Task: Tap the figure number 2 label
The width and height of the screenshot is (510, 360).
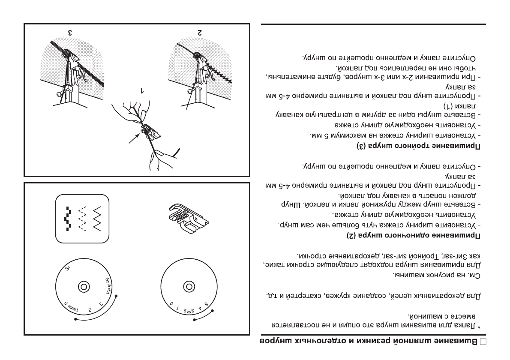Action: (x=200, y=33)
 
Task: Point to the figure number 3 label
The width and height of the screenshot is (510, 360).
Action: (x=69, y=33)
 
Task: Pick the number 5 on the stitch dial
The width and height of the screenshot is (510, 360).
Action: (x=207, y=306)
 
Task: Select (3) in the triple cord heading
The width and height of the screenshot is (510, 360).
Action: (x=361, y=147)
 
